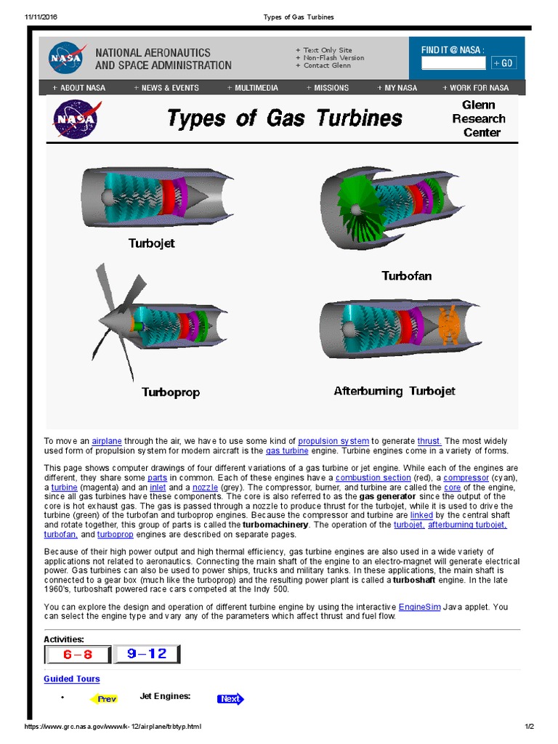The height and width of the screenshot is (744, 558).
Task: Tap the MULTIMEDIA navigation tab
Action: pyautogui.click(x=252, y=88)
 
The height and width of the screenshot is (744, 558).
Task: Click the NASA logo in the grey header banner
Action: pyautogui.click(x=68, y=57)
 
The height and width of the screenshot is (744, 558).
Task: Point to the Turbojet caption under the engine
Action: pyautogui.click(x=152, y=243)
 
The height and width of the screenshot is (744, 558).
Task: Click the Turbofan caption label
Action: pyautogui.click(x=407, y=275)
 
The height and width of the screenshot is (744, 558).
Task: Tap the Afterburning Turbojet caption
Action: pyautogui.click(x=395, y=391)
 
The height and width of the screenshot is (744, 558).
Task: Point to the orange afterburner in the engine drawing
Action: pyautogui.click(x=448, y=325)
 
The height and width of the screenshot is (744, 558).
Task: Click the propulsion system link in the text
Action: pyautogui.click(x=333, y=441)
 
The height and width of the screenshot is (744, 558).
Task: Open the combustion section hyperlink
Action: pyautogui.click(x=373, y=477)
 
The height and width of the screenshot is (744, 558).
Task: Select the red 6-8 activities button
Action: pyautogui.click(x=78, y=654)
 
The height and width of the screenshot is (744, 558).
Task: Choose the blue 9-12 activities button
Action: pyautogui.click(x=147, y=654)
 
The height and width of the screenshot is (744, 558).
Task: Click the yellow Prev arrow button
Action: pyautogui.click(x=105, y=699)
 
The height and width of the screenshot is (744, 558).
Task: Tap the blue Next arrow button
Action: pyautogui.click(x=230, y=699)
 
